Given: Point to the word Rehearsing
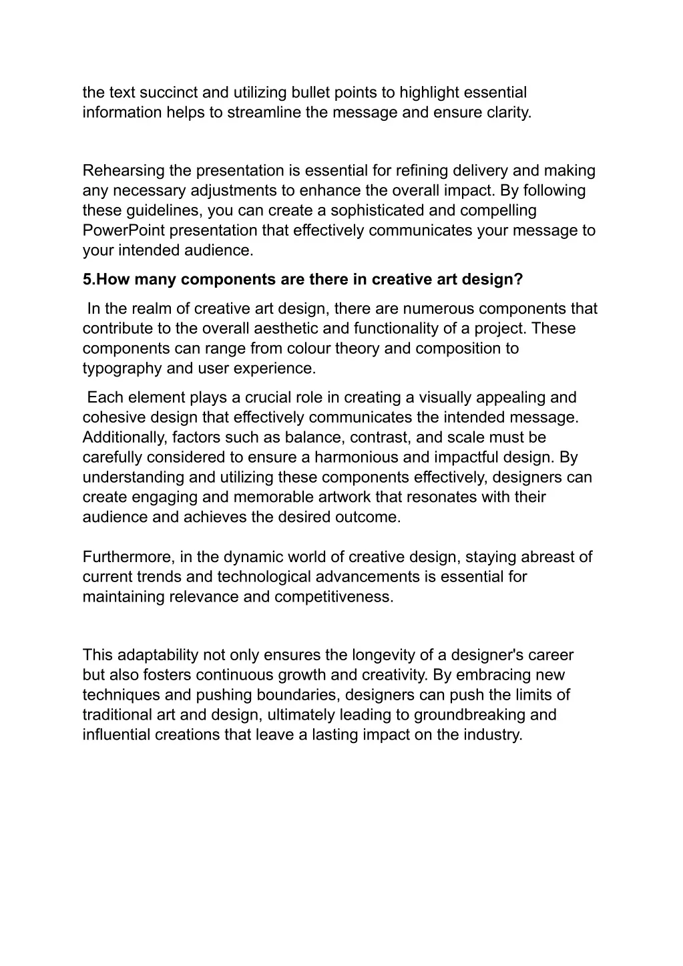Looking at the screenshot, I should (x=124, y=171).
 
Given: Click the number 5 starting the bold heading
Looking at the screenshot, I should (x=87, y=279).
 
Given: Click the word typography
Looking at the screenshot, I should (x=120, y=369).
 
